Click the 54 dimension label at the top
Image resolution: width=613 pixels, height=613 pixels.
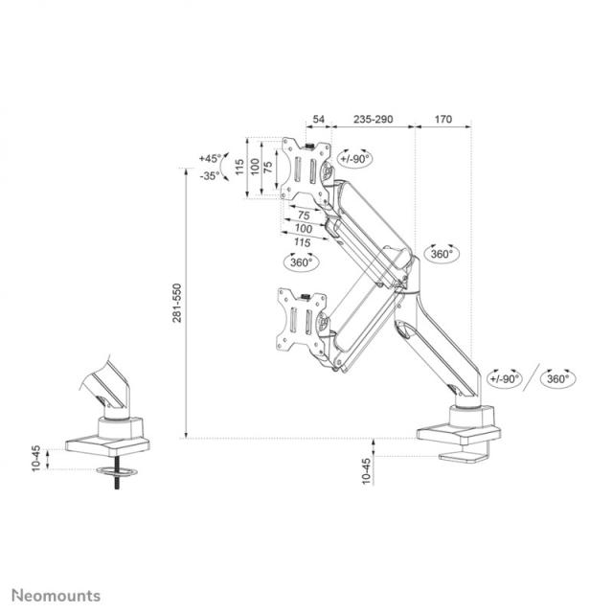319,121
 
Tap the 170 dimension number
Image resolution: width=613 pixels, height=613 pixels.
443,121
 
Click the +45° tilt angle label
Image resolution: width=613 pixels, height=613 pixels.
210,158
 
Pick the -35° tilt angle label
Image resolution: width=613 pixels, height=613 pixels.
210,175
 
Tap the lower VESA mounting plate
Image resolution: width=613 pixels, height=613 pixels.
296,318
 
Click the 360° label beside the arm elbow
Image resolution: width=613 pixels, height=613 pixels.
442,254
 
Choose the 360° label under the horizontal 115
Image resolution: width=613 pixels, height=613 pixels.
300,261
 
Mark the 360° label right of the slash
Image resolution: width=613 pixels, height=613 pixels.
556,378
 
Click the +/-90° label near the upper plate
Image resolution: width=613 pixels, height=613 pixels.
355,158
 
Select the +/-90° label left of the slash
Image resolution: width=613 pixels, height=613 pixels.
504,378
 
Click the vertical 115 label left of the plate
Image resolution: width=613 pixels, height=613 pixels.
239,167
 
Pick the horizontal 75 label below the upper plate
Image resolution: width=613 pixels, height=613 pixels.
304,215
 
